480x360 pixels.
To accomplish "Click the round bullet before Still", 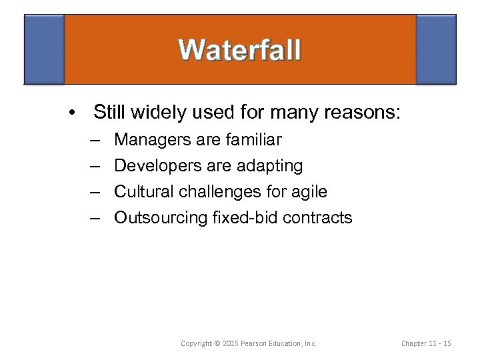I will tap(71, 111).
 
